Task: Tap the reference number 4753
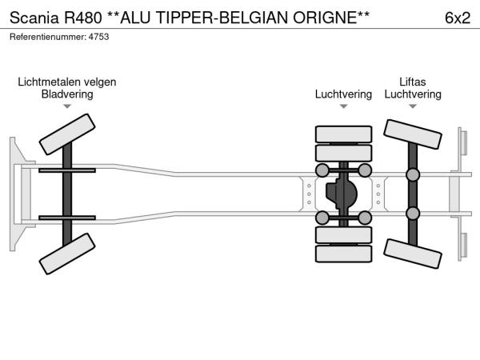click(99, 37)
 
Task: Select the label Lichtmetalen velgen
click(67, 81)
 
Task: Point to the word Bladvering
click(67, 94)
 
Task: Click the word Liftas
click(413, 81)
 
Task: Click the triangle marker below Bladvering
click(67, 106)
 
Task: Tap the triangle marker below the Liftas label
click(413, 106)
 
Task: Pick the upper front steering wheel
click(67, 134)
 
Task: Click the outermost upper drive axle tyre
click(343, 134)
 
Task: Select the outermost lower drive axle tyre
click(343, 254)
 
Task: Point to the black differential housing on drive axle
click(343, 194)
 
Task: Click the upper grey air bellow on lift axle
click(413, 175)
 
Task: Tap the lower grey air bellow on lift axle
click(413, 213)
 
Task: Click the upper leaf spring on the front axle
click(67, 171)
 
